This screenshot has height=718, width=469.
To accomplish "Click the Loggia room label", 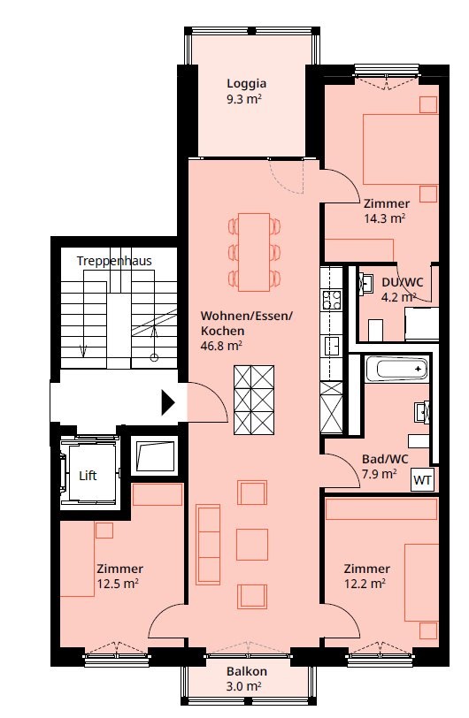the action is pos(246,84).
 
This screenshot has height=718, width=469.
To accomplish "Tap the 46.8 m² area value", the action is pos(221,346).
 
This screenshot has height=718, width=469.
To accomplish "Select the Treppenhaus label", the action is pos(114,261).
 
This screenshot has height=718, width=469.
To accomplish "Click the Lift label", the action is pos(88,476).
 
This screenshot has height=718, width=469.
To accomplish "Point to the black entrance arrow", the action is pos(168,402).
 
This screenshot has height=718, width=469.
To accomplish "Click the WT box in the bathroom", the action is pos(422,480).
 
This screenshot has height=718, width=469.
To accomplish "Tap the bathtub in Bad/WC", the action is pos(396,369).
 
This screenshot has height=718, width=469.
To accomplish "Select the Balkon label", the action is pos(247,672).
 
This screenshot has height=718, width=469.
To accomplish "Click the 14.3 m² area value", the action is pos(385,218).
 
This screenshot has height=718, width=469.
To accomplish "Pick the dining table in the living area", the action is pos(254,252).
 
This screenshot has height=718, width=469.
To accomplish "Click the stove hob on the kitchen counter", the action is pos(332,300).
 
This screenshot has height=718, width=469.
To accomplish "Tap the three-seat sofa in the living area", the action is pos(208,545).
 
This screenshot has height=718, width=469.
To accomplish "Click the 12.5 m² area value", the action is pos(118,584).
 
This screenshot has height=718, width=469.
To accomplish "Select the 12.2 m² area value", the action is pos(365,584).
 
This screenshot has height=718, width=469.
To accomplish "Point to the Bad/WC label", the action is pos(385,459).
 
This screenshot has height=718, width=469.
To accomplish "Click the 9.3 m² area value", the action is pos(244,99).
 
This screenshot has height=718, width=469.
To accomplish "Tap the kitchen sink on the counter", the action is pos(332,346).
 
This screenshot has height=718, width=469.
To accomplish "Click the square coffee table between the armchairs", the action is pos(252,545).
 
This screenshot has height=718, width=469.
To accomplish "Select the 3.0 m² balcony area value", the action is pos(244,687).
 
